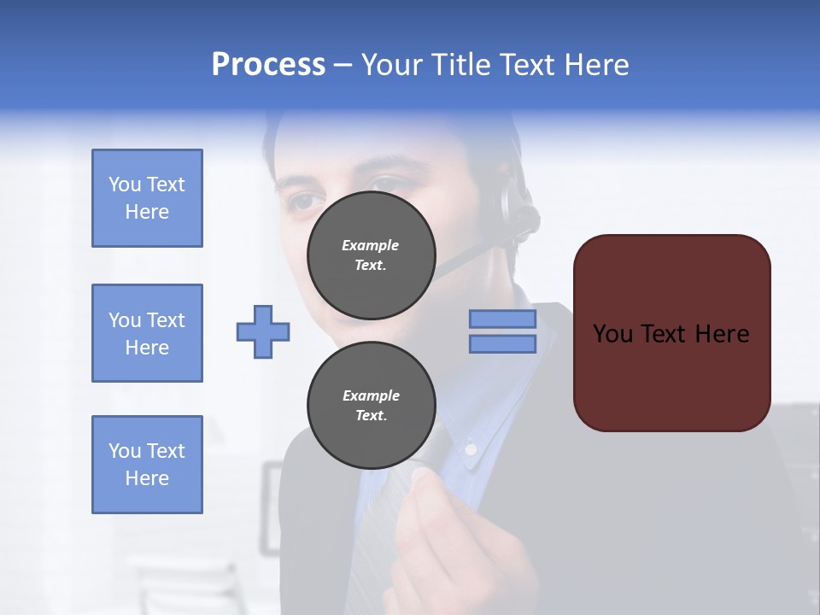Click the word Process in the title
[x=268, y=65]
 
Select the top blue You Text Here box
[x=147, y=198]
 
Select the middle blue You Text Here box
[x=147, y=333]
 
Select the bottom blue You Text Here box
[x=147, y=465]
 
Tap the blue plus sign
[x=263, y=331]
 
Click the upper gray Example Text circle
[x=371, y=255]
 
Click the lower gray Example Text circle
[x=371, y=406]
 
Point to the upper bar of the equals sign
[x=502, y=319]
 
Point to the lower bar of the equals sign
[x=502, y=344]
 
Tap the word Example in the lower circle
[x=371, y=395]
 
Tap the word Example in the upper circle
[x=371, y=245]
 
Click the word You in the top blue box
[x=125, y=184]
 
